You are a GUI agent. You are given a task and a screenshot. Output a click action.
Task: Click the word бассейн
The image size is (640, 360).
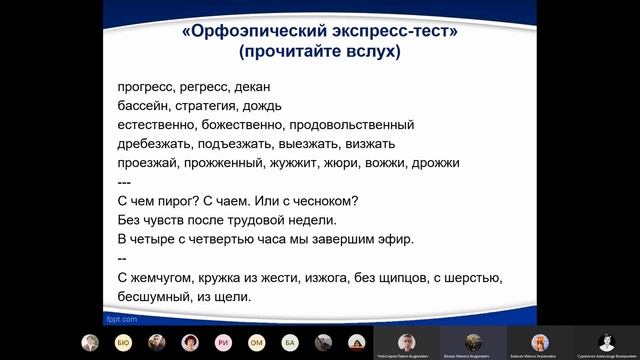point(143,106)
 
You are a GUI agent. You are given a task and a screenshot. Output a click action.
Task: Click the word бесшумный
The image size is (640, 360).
point(151,297)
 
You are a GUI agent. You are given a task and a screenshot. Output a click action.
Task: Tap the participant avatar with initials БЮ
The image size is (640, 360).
point(122,342)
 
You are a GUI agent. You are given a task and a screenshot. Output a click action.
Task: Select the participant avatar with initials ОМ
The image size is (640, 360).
point(256,342)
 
